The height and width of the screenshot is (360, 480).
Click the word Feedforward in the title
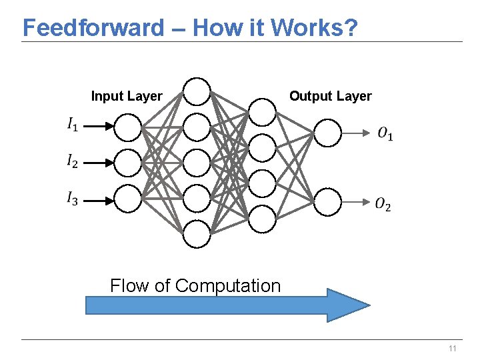click(x=93, y=27)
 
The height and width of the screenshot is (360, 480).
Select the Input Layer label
click(x=126, y=96)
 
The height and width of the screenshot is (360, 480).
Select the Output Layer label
click(x=330, y=96)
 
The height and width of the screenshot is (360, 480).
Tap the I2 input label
click(x=72, y=161)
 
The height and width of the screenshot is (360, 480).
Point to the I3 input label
click(x=72, y=198)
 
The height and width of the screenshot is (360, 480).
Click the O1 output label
click(x=384, y=134)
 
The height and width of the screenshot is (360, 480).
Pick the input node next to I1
click(x=128, y=127)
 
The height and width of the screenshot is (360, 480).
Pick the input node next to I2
click(x=128, y=162)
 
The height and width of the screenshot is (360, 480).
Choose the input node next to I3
click(x=128, y=198)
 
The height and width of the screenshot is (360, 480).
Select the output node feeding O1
click(x=327, y=133)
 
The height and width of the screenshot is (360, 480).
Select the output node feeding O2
click(x=327, y=201)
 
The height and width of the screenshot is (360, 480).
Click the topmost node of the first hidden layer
click(x=197, y=92)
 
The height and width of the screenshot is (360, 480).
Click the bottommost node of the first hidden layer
click(x=197, y=233)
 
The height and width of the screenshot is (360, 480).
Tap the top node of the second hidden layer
click(x=262, y=112)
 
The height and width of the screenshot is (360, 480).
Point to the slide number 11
click(x=453, y=349)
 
